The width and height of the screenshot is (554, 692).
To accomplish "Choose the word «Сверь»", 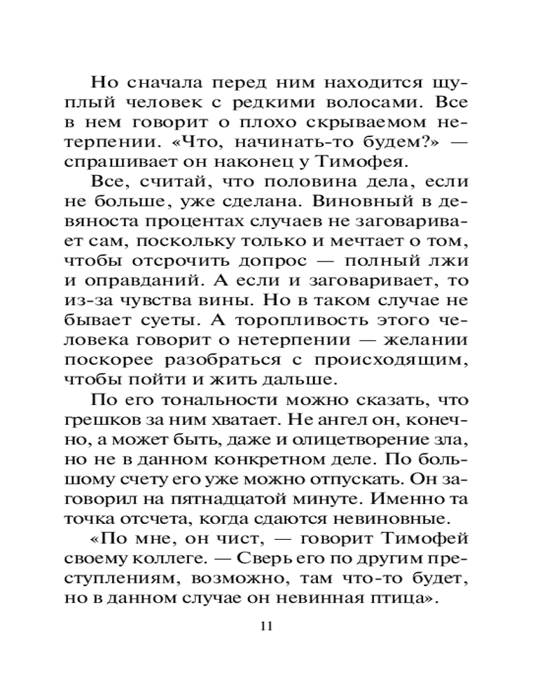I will click(x=262, y=561).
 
